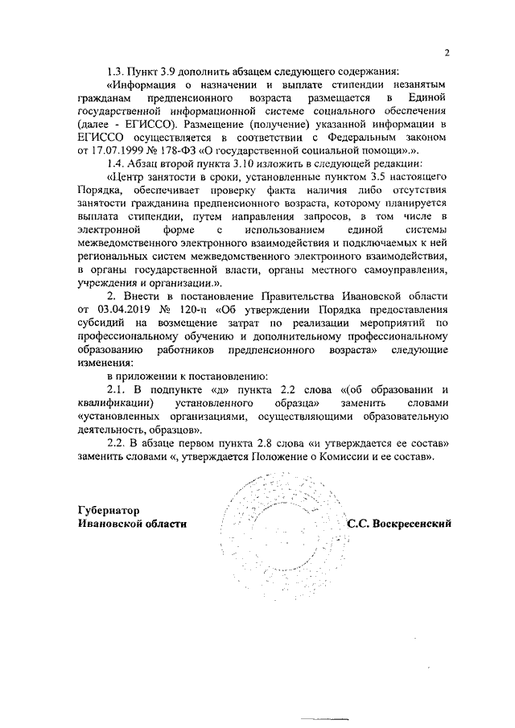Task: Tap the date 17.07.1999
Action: point(122,150)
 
